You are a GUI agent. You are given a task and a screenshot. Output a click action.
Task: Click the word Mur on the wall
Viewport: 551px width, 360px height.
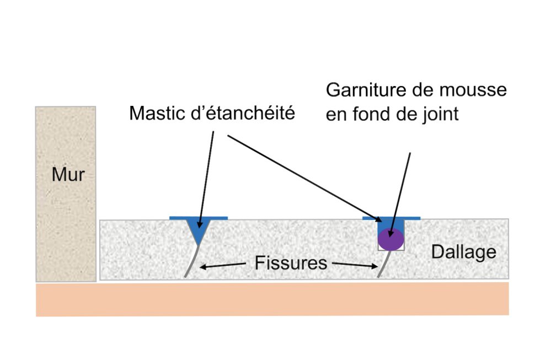(68, 175)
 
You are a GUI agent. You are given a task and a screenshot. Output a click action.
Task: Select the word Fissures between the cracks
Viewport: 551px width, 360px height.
(291, 263)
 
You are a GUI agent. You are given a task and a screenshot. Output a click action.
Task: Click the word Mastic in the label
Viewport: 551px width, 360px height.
(157, 113)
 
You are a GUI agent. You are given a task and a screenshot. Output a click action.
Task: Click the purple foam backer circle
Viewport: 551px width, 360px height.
(391, 239)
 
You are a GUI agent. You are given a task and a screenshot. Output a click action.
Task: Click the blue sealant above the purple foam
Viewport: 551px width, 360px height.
(390, 224)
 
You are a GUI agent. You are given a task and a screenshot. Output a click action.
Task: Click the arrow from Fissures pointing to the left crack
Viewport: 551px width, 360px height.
(223, 266)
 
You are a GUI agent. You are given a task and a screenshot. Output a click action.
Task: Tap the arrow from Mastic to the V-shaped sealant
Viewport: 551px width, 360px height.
(205, 176)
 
